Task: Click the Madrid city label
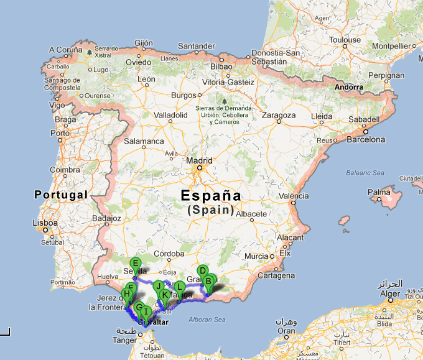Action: coord(199,160)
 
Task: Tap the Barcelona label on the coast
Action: coord(366,140)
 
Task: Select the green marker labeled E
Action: coord(136,264)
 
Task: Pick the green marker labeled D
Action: coord(202,271)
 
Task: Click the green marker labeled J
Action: coord(158,286)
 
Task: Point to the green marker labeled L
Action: coord(179,287)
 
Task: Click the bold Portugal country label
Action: coord(61,195)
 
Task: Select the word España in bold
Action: coord(210,195)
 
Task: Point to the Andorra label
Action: coord(348,87)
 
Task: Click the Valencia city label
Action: coord(294,196)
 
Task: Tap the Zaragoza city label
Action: coord(278,115)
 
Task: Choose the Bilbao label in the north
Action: coord(221,66)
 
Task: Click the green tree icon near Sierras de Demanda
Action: coord(223,99)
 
